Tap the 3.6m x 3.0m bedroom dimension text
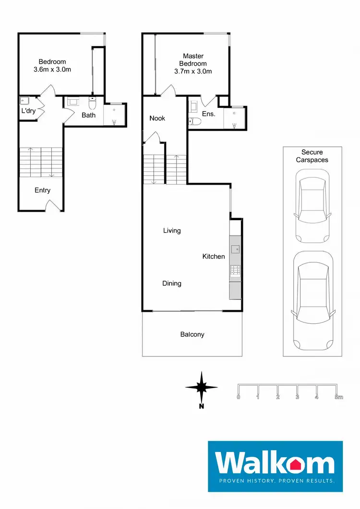(x=52, y=70)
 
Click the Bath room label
(x=88, y=115)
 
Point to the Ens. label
(x=208, y=114)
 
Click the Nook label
(x=157, y=118)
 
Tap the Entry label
(x=42, y=190)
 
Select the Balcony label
(x=192, y=334)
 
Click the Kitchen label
(x=213, y=257)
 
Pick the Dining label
(x=171, y=284)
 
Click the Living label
(x=171, y=231)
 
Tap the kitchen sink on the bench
(x=236, y=249)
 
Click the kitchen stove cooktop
(x=236, y=272)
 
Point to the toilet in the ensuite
(x=192, y=121)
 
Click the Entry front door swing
(x=53, y=206)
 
